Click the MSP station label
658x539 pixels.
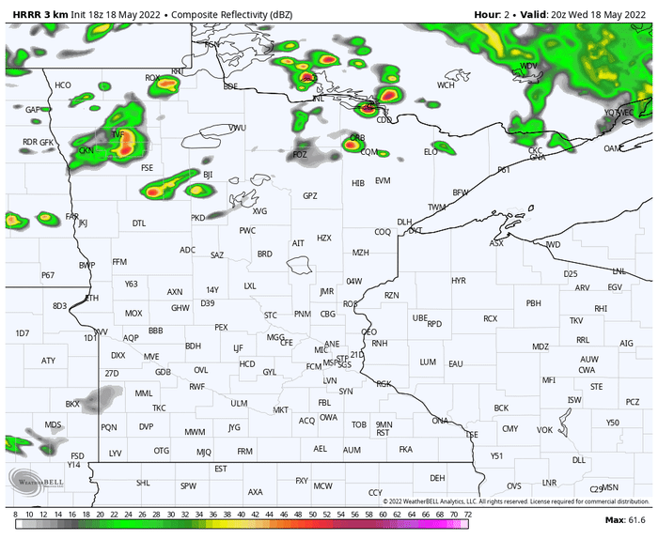[329, 362]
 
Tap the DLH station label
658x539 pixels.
[404, 223]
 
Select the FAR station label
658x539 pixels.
[71, 216]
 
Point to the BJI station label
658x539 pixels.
[209, 174]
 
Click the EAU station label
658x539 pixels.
[456, 362]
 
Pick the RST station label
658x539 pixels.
[383, 433]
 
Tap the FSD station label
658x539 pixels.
[78, 455]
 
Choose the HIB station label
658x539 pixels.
[357, 183]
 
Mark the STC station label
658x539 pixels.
[271, 315]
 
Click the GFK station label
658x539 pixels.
[47, 143]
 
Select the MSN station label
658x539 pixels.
[611, 487]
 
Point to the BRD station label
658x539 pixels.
[265, 254]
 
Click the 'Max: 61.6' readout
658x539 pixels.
[625, 519]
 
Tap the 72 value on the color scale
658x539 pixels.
[466, 516]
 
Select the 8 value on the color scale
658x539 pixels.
[16, 516]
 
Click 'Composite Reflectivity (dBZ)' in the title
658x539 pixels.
[214, 16]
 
